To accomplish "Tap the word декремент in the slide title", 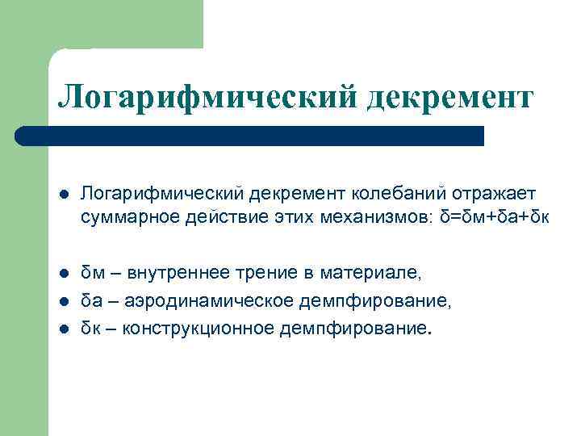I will click(x=449, y=97).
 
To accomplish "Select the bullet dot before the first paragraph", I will click(x=64, y=194).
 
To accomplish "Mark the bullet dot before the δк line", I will click(x=64, y=329).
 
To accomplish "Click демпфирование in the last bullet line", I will click(x=354, y=329).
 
